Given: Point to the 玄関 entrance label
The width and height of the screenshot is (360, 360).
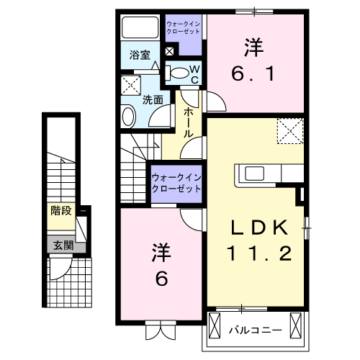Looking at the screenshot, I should click(x=61, y=244).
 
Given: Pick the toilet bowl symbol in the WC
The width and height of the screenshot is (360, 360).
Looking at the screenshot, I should click(x=177, y=71).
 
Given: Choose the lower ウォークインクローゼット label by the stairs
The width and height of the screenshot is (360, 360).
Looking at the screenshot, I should click(x=176, y=183).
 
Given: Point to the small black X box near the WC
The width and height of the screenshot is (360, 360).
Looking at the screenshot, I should click(x=170, y=51).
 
